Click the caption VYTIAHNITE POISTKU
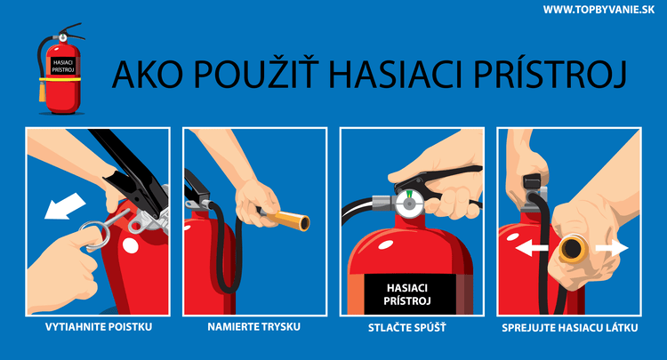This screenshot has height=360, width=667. point(98,327)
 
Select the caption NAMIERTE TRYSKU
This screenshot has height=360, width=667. point(254,327)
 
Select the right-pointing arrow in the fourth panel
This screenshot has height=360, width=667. point(612,248)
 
